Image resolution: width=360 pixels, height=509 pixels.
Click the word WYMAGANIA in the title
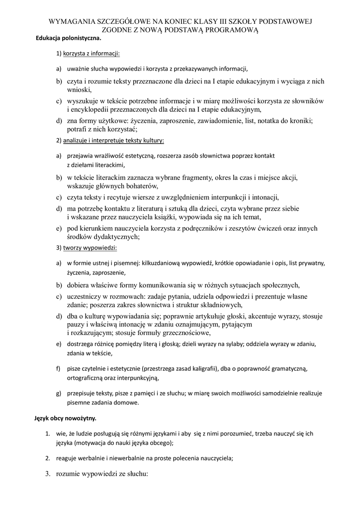tap(70, 22)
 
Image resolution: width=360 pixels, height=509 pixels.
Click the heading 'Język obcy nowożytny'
tap(65, 418)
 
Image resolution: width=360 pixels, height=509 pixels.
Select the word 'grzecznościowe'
tap(186, 333)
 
